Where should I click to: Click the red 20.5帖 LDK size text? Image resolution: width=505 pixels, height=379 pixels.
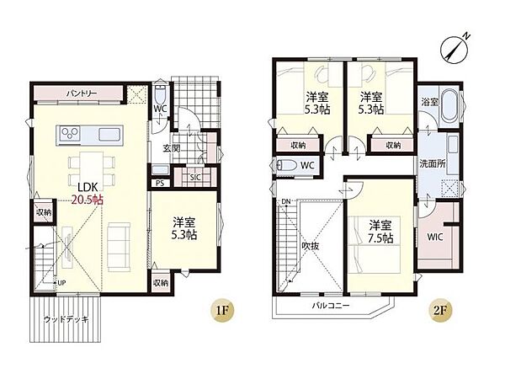click(88, 200)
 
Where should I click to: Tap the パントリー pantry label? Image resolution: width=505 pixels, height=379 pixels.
click(82, 93)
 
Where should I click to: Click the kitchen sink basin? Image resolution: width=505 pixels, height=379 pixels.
click(109, 135)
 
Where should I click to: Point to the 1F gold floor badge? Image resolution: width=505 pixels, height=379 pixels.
click(222, 310)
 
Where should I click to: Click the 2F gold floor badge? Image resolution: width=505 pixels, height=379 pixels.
click(441, 310)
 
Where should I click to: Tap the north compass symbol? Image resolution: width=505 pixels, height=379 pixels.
click(454, 47)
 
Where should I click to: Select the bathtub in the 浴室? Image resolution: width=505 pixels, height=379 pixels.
click(450, 106)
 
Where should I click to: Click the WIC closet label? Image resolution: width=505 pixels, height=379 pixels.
click(435, 238)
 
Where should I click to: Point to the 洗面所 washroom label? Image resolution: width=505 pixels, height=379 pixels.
click(433, 163)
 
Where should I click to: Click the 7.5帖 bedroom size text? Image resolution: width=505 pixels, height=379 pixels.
click(380, 238)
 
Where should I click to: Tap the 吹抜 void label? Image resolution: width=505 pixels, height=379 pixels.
click(311, 246)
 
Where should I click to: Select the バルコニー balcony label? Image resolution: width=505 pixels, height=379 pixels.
click(331, 305)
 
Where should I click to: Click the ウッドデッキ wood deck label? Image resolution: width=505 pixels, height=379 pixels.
click(66, 320)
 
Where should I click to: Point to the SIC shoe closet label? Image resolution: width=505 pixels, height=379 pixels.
click(195, 177)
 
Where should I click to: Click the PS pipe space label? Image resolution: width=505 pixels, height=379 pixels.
click(160, 183)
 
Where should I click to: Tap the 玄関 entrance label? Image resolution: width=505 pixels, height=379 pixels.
click(171, 148)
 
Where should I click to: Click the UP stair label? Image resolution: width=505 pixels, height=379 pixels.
click(61, 283)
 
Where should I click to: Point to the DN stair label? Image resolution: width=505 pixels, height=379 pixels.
click(285, 202)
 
